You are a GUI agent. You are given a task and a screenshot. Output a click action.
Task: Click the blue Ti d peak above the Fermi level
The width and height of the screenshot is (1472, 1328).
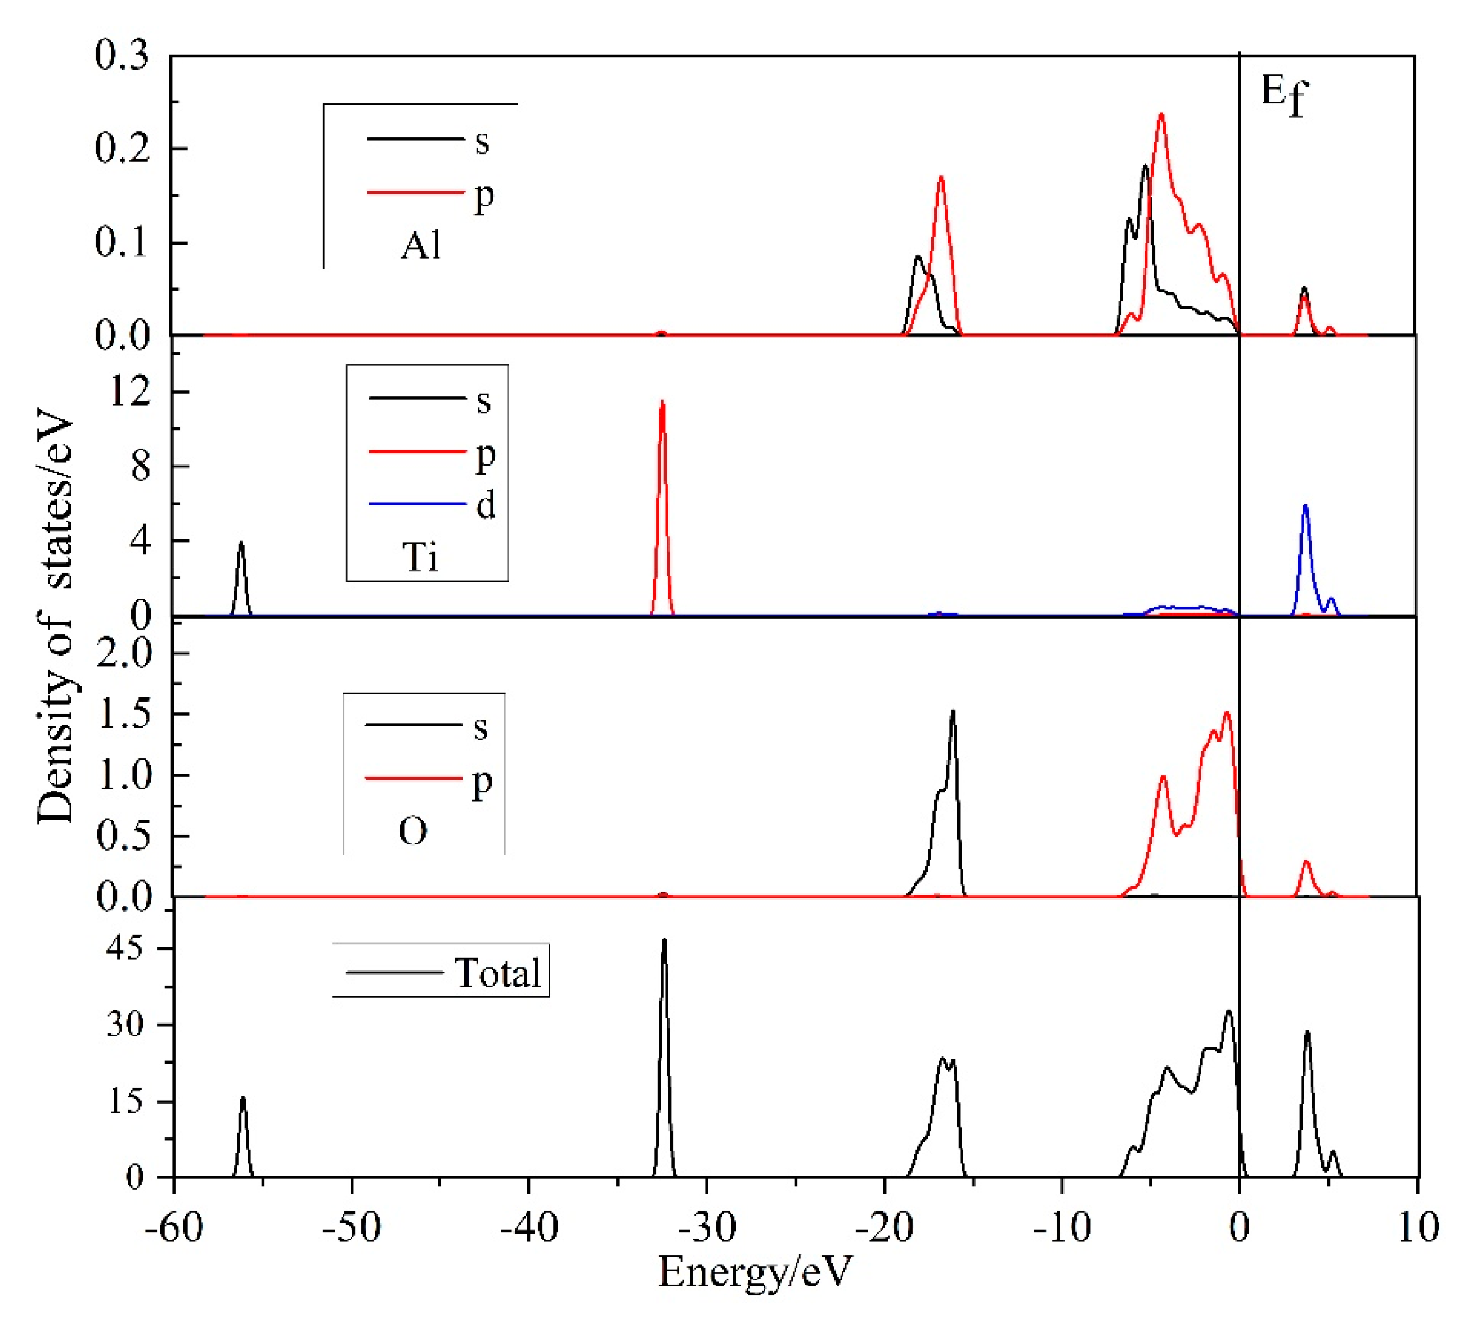[1305, 507]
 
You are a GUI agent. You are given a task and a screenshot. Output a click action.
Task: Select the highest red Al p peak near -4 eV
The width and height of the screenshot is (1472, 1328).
[1161, 116]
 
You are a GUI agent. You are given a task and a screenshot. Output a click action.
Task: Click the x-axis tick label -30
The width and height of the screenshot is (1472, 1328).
[706, 1228]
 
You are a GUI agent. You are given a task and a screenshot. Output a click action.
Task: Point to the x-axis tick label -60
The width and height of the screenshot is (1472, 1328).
[174, 1228]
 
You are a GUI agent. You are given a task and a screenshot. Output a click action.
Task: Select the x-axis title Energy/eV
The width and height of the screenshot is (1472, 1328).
[755, 1273]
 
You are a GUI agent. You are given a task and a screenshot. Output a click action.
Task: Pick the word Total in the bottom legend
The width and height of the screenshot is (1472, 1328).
[497, 973]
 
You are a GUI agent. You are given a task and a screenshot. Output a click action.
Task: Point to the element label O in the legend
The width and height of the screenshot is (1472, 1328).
[412, 831]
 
